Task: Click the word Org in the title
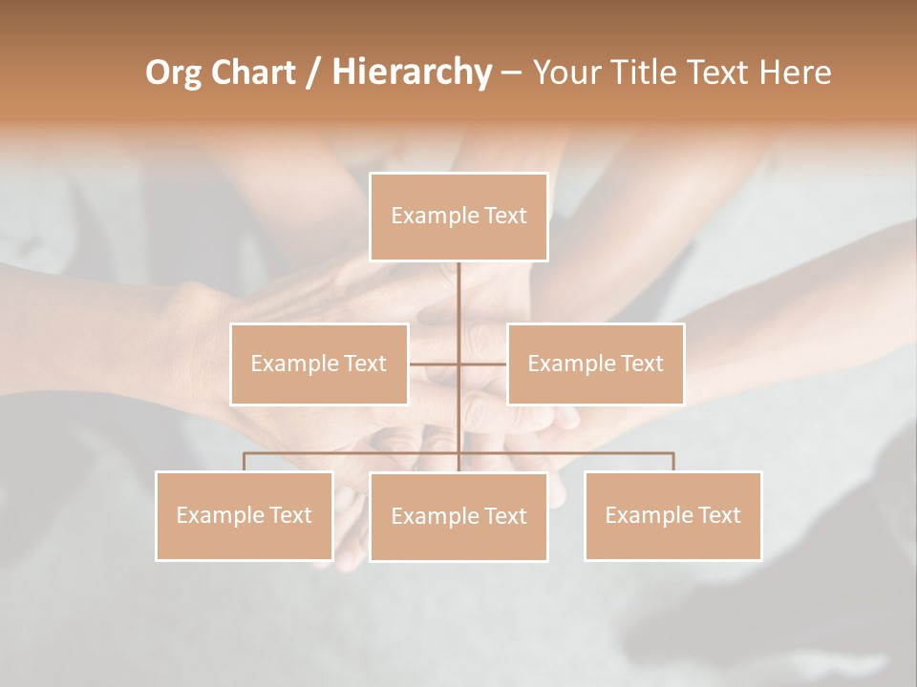click(174, 73)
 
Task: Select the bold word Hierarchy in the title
click(411, 73)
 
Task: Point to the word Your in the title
click(564, 73)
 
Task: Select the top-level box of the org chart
click(458, 217)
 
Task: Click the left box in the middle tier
click(319, 364)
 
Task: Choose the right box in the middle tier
click(595, 364)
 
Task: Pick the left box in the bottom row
click(245, 515)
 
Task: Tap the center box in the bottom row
click(458, 516)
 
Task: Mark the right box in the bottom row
click(672, 515)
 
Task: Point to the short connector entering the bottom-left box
click(245, 462)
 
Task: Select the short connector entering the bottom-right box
click(672, 462)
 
